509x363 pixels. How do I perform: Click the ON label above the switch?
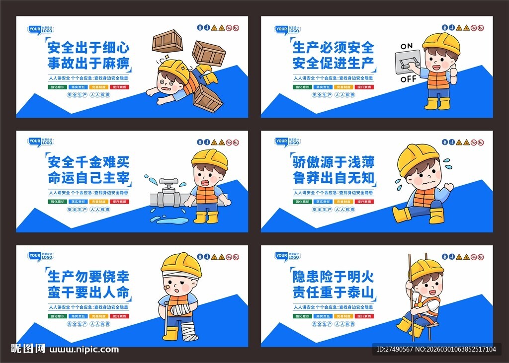pyautogui.click(x=407, y=46)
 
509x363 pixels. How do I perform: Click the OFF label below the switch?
pyautogui.click(x=408, y=78)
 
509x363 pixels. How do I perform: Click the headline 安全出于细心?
pyautogui.click(x=88, y=48)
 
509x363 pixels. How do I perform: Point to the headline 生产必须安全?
pyautogui.click(x=333, y=48)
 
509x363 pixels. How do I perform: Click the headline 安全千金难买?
pyautogui.click(x=88, y=162)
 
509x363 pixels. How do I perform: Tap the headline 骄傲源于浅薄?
pyautogui.click(x=333, y=162)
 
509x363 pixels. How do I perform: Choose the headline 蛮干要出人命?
pyautogui.click(x=88, y=292)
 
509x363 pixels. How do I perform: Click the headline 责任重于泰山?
pyautogui.click(x=333, y=292)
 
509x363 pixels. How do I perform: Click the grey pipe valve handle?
pyautogui.click(x=167, y=182)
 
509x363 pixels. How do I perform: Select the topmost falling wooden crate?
pyautogui.click(x=168, y=41)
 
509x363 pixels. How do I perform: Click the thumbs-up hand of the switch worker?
pyautogui.click(x=453, y=71)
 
